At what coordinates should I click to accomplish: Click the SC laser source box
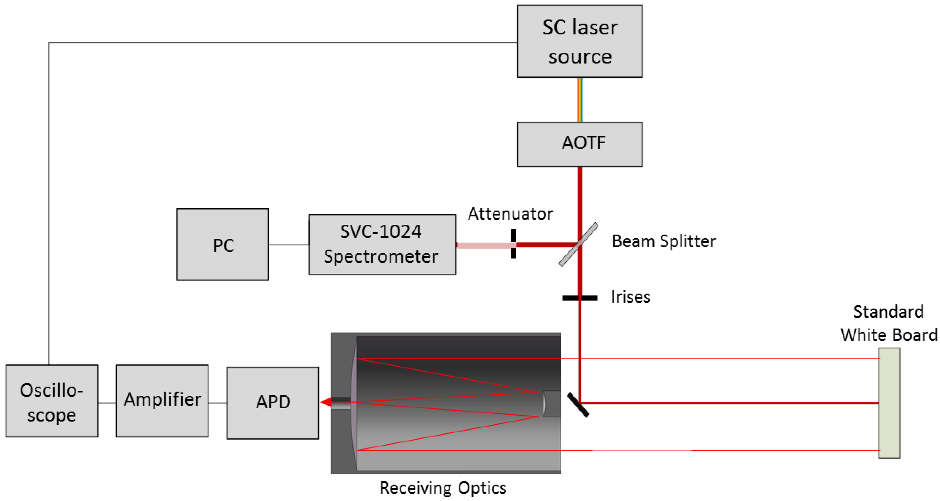tap(579, 41)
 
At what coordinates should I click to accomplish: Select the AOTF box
tap(579, 144)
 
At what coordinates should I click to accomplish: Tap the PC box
tap(223, 244)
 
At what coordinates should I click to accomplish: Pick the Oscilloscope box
tap(52, 401)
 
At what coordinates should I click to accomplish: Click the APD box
tap(273, 402)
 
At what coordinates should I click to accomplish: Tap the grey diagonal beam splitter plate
tap(579, 244)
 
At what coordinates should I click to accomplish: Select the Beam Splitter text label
tap(664, 241)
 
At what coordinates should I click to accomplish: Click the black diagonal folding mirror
tap(578, 405)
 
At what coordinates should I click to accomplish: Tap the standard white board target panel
tap(889, 403)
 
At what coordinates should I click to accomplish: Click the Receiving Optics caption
tap(443, 488)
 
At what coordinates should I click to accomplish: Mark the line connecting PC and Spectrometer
tap(289, 244)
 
